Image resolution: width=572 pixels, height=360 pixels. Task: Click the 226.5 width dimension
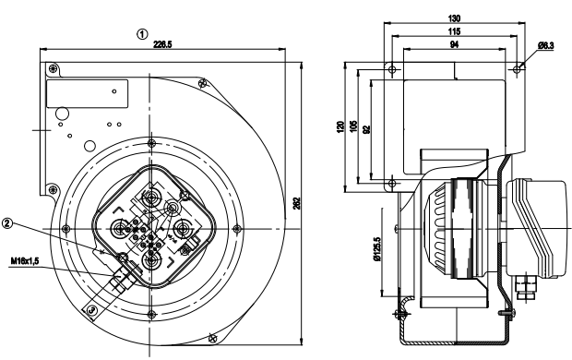pyautogui.click(x=162, y=44)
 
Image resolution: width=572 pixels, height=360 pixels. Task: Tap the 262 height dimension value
pyautogui.click(x=296, y=203)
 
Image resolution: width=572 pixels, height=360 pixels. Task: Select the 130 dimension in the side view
pyautogui.click(x=454, y=18)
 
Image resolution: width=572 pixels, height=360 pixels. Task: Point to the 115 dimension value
pyautogui.click(x=454, y=31)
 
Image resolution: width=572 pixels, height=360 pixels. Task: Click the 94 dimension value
pyautogui.click(x=454, y=44)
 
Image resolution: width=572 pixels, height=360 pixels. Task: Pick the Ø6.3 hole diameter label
pyautogui.click(x=546, y=45)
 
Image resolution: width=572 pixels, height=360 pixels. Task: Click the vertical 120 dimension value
pyautogui.click(x=340, y=126)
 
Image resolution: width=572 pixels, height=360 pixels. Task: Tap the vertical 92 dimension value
pyautogui.click(x=366, y=129)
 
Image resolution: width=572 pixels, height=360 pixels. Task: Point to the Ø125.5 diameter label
pyautogui.click(x=377, y=249)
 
